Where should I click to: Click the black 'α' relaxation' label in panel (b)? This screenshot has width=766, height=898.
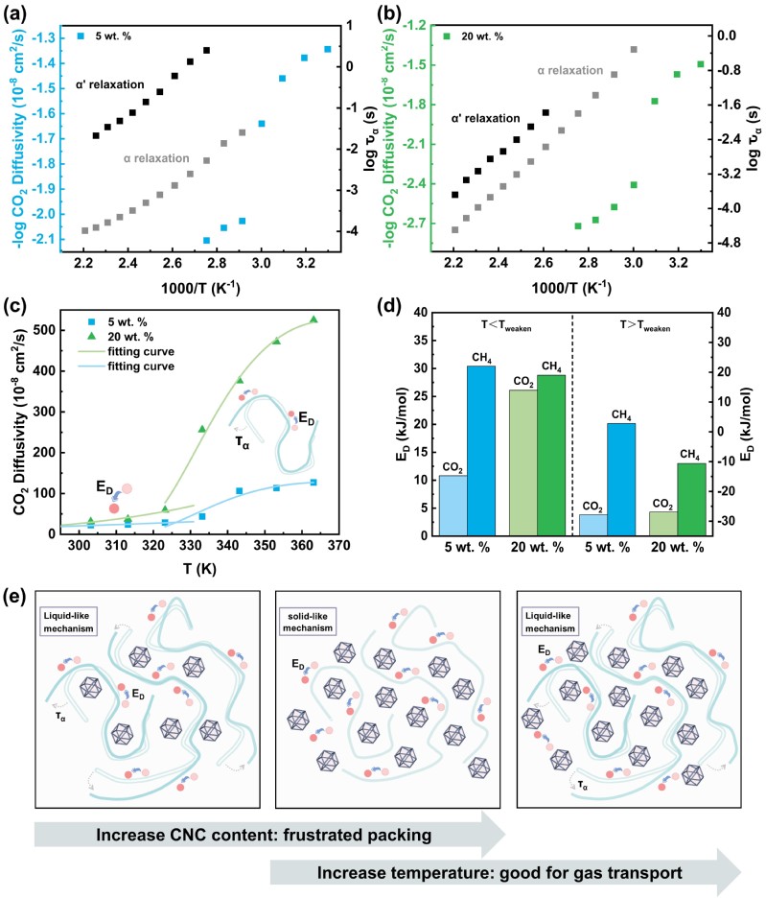point(486,118)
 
